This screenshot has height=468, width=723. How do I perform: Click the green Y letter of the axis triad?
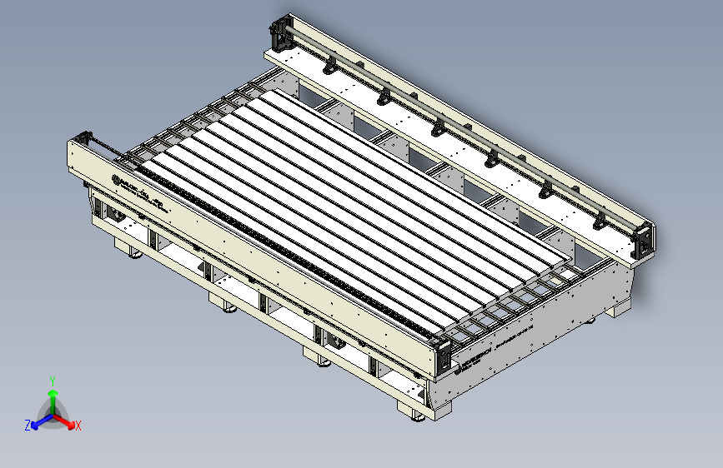(x=52, y=381)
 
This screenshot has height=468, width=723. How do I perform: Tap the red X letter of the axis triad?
(x=78, y=426)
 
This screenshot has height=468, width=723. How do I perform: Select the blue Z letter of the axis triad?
(x=28, y=425)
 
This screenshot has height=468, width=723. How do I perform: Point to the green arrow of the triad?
(x=53, y=396)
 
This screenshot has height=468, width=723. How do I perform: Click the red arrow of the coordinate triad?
(x=67, y=421)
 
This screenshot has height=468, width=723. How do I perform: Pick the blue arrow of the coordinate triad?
(x=38, y=421)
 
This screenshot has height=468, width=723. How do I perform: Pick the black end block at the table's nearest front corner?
(x=443, y=356)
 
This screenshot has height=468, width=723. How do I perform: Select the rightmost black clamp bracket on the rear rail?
(x=599, y=222)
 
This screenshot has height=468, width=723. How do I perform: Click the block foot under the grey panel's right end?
(x=619, y=310)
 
